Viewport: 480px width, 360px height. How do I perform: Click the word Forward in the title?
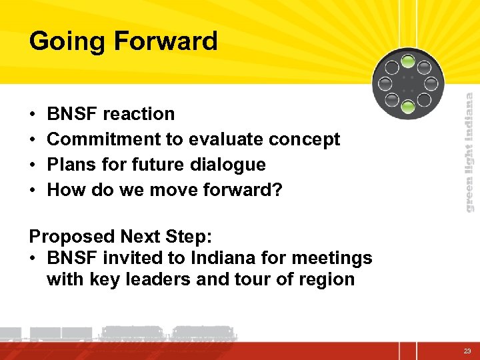(x=166, y=41)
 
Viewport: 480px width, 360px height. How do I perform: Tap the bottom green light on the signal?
(x=407, y=105)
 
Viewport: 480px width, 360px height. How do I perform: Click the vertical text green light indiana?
(x=469, y=152)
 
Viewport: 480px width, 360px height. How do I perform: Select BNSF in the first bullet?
(x=72, y=114)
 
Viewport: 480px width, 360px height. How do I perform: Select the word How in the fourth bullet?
(x=63, y=190)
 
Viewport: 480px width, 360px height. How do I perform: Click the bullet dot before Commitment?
(x=33, y=140)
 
